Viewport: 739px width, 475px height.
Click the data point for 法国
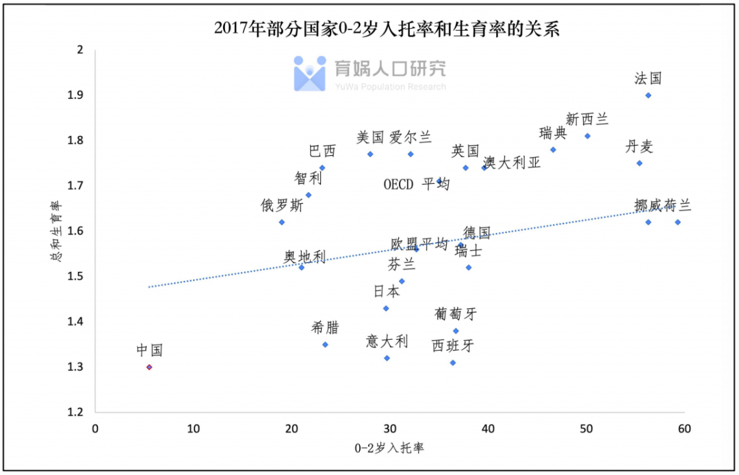click(x=648, y=95)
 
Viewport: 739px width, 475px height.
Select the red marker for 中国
click(x=149, y=367)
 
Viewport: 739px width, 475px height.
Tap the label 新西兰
click(x=587, y=120)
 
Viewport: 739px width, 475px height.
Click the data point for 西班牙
click(x=453, y=362)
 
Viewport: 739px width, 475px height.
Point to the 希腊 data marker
click(x=325, y=344)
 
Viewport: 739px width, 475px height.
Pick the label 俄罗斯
click(x=282, y=205)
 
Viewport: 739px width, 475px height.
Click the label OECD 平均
click(x=416, y=184)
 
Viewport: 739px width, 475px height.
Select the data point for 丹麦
click(x=639, y=163)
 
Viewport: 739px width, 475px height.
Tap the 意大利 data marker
click(x=387, y=357)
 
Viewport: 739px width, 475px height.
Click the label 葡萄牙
click(x=456, y=314)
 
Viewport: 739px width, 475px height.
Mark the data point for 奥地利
click(x=301, y=267)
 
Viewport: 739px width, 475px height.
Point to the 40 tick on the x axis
click(x=488, y=429)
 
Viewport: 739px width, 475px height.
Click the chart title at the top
click(x=387, y=29)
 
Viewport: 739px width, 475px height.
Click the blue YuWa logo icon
click(x=310, y=74)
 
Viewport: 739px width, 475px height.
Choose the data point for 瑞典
click(x=553, y=150)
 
